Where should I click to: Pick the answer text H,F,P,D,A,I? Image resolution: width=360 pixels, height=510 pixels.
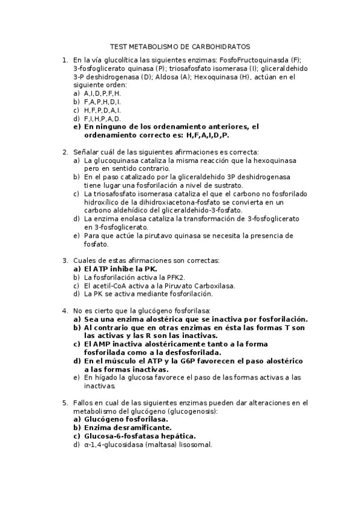coord(102,110)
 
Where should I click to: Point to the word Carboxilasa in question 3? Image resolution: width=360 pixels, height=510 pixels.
coord(214,286)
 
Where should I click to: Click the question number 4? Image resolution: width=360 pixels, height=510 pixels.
coord(65,310)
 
